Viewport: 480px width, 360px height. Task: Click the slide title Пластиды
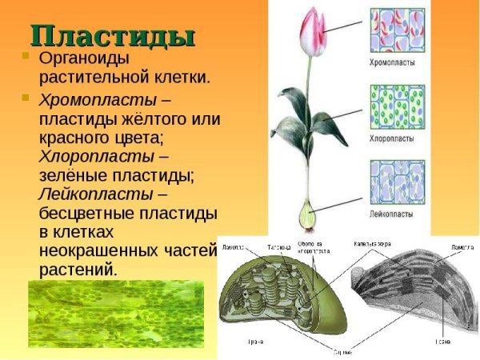(x=112, y=35)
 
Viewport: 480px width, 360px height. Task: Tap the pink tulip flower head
(x=311, y=31)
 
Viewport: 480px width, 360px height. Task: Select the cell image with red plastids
(x=401, y=32)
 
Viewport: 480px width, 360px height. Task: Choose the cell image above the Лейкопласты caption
(x=401, y=184)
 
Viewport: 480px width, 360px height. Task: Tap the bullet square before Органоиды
(x=26, y=58)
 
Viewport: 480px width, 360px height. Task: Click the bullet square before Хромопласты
(x=26, y=98)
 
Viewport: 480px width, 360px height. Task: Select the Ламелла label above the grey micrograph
(x=462, y=247)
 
